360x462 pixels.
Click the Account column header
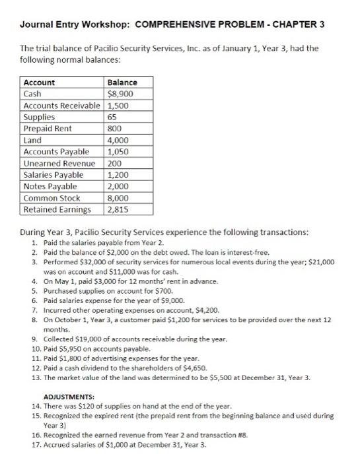[40, 82]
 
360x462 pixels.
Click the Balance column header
[122, 82]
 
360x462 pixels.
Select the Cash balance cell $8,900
[118, 94]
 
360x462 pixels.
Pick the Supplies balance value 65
[112, 117]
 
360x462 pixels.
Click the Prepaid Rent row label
[48, 129]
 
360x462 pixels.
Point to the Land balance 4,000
[118, 141]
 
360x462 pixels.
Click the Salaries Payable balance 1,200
[118, 175]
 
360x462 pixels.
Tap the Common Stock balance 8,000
[118, 198]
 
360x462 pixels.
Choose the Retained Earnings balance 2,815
[118, 210]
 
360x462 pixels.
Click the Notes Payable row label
[50, 187]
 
